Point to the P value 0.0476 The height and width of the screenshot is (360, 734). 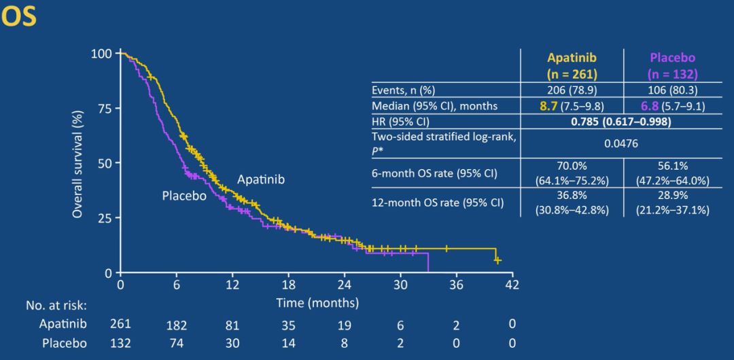point(621,144)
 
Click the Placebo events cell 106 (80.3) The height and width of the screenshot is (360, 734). point(671,90)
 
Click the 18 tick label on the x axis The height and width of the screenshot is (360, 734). point(288,284)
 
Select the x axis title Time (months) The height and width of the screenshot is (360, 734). point(317,302)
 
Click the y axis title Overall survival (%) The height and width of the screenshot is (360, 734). point(78,163)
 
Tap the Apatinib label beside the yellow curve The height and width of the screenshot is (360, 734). point(261,179)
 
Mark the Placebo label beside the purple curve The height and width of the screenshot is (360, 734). point(184,196)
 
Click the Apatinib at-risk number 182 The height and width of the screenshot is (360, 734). point(176,325)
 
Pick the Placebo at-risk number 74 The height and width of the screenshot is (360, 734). point(176,343)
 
